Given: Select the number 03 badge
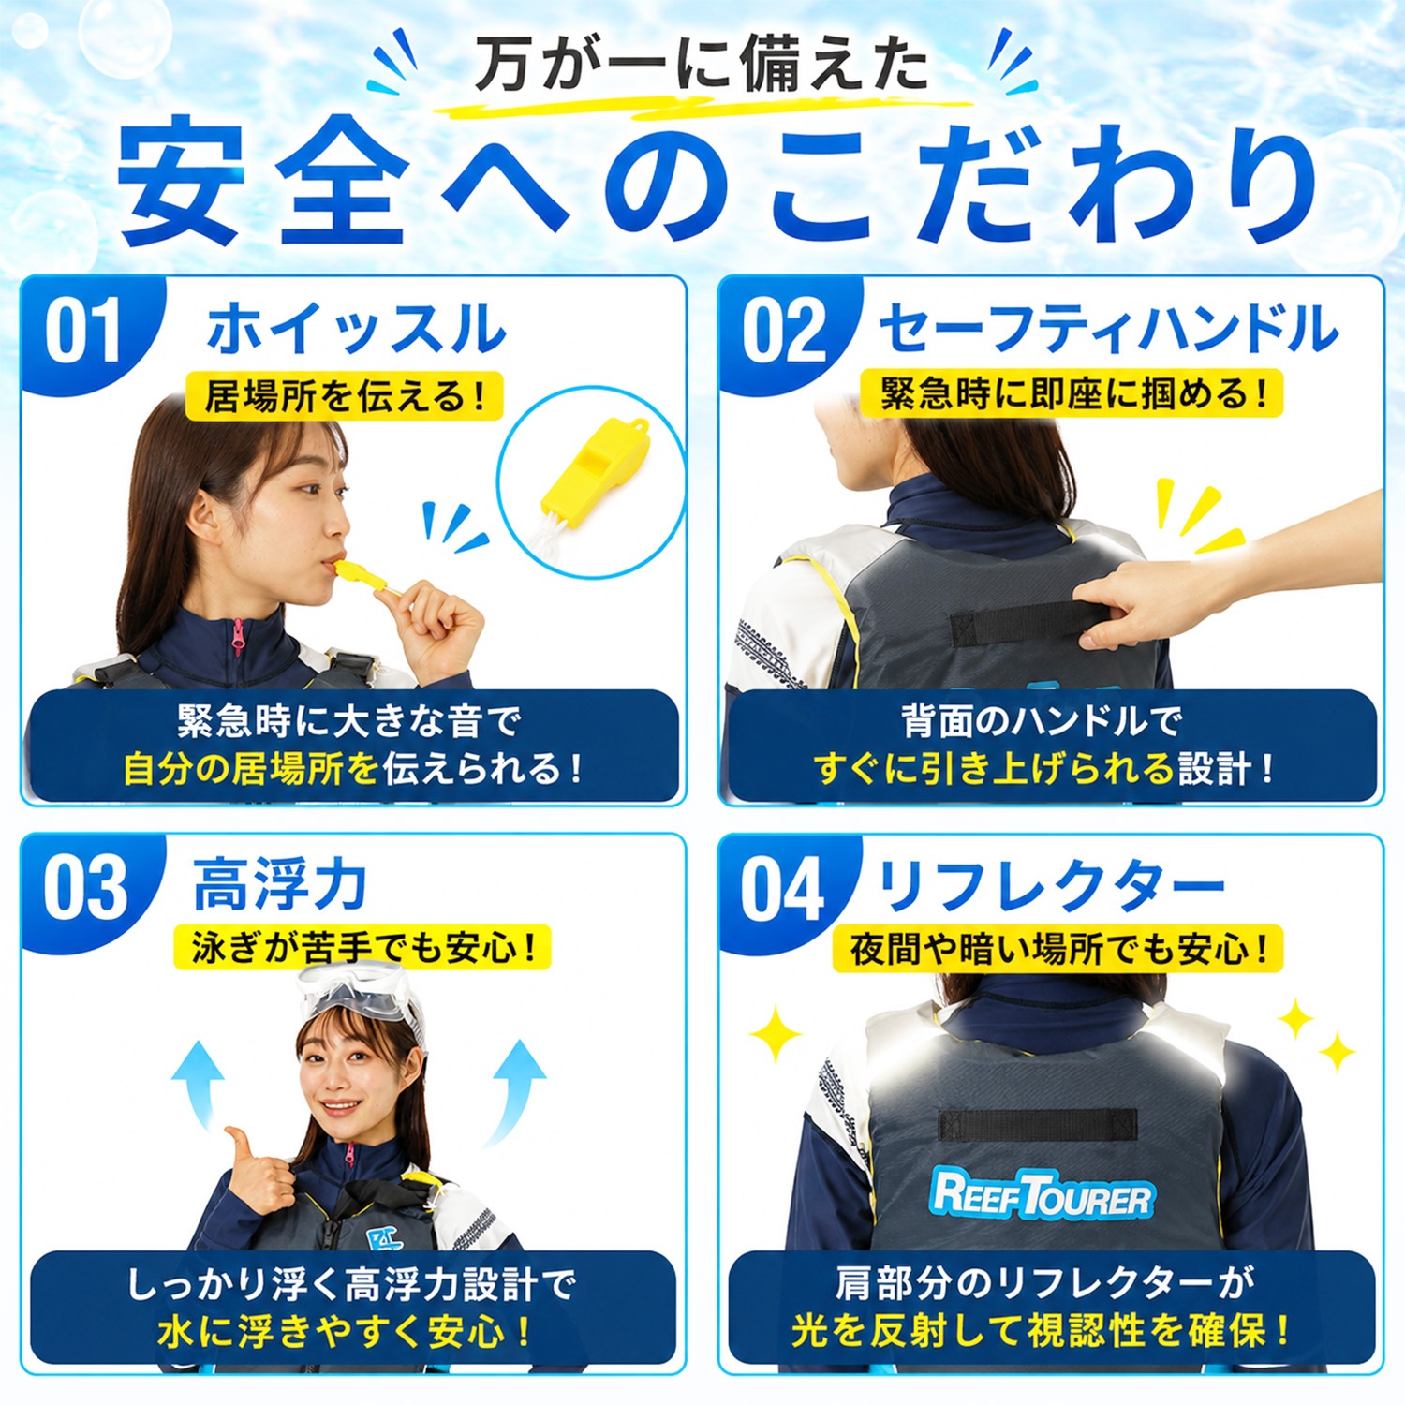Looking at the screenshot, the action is pos(84,888).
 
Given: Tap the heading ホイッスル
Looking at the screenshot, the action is pos(356,330).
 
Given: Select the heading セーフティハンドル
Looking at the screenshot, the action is pos(1108,329).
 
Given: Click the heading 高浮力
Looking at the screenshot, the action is pos(279,885).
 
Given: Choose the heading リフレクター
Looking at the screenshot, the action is pos(1051,886).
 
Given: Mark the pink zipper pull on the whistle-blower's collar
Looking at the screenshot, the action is pos(238,641).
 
